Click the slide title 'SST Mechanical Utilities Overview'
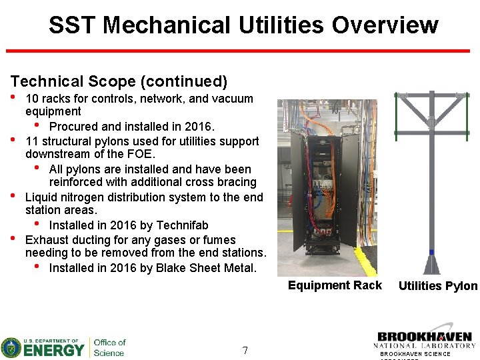(243, 25)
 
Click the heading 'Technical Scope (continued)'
(119, 81)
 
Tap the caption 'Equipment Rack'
(335, 285)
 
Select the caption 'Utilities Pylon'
(437, 286)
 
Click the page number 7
(245, 350)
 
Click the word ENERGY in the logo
(55, 349)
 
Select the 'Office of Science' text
(109, 347)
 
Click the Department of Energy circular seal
(11, 348)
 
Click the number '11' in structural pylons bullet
(32, 141)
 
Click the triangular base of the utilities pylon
(431, 266)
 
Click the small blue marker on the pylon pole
(431, 252)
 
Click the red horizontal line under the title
(242, 51)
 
